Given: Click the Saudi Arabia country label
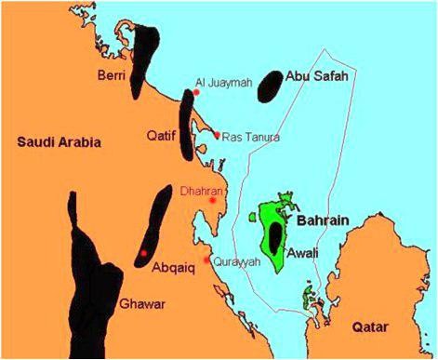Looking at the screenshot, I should pos(59,141).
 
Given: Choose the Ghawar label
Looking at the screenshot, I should pos(142,303).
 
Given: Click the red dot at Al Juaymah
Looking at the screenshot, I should pos(196,92).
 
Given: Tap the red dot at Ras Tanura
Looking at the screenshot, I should pos(217,135).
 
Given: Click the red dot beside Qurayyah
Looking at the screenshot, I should pos(207,261).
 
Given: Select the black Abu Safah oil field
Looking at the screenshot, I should pos(269,86).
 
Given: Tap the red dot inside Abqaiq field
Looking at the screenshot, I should pos(143,253).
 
